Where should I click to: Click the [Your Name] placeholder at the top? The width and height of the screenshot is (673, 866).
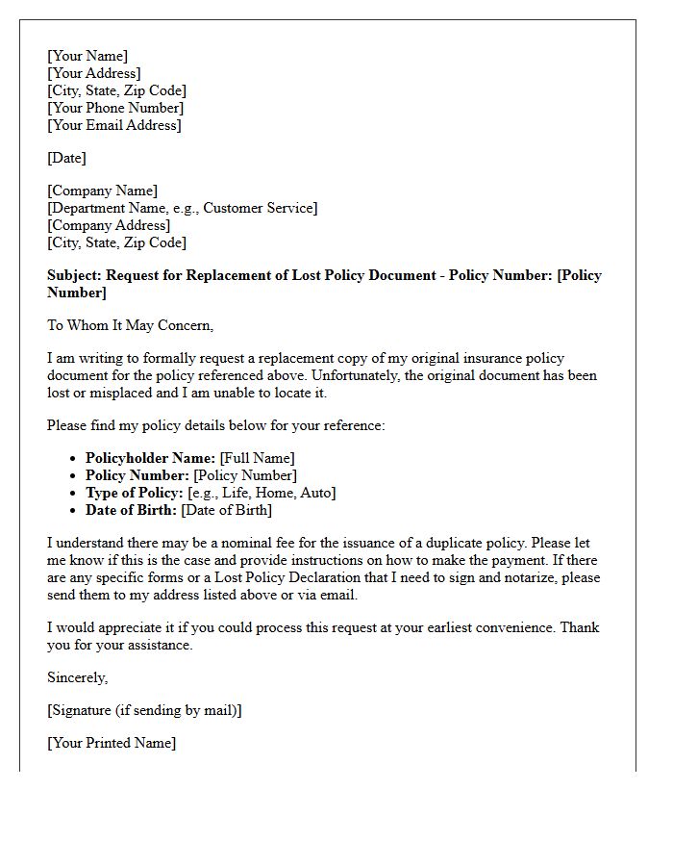tap(87, 56)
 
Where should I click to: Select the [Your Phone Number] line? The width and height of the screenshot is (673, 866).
tap(114, 108)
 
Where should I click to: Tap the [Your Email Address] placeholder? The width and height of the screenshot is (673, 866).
tap(113, 125)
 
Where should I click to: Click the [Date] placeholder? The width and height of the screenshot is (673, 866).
tap(66, 158)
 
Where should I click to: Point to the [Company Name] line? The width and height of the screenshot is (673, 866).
tap(102, 191)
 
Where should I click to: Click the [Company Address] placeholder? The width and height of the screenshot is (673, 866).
tap(109, 225)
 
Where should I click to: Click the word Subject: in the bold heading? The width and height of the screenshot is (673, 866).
tap(74, 275)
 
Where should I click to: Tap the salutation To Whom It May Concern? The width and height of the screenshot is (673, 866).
tap(130, 325)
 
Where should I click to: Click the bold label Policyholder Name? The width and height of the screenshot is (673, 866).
tap(150, 458)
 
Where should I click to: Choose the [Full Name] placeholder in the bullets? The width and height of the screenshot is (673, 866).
tap(257, 458)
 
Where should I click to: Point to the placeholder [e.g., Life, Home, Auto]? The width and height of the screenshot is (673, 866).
tap(262, 493)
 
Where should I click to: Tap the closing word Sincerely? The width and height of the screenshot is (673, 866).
tap(77, 677)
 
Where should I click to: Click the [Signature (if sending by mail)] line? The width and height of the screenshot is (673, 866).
tap(144, 710)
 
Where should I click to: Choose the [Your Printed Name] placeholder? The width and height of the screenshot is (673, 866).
tap(112, 743)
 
